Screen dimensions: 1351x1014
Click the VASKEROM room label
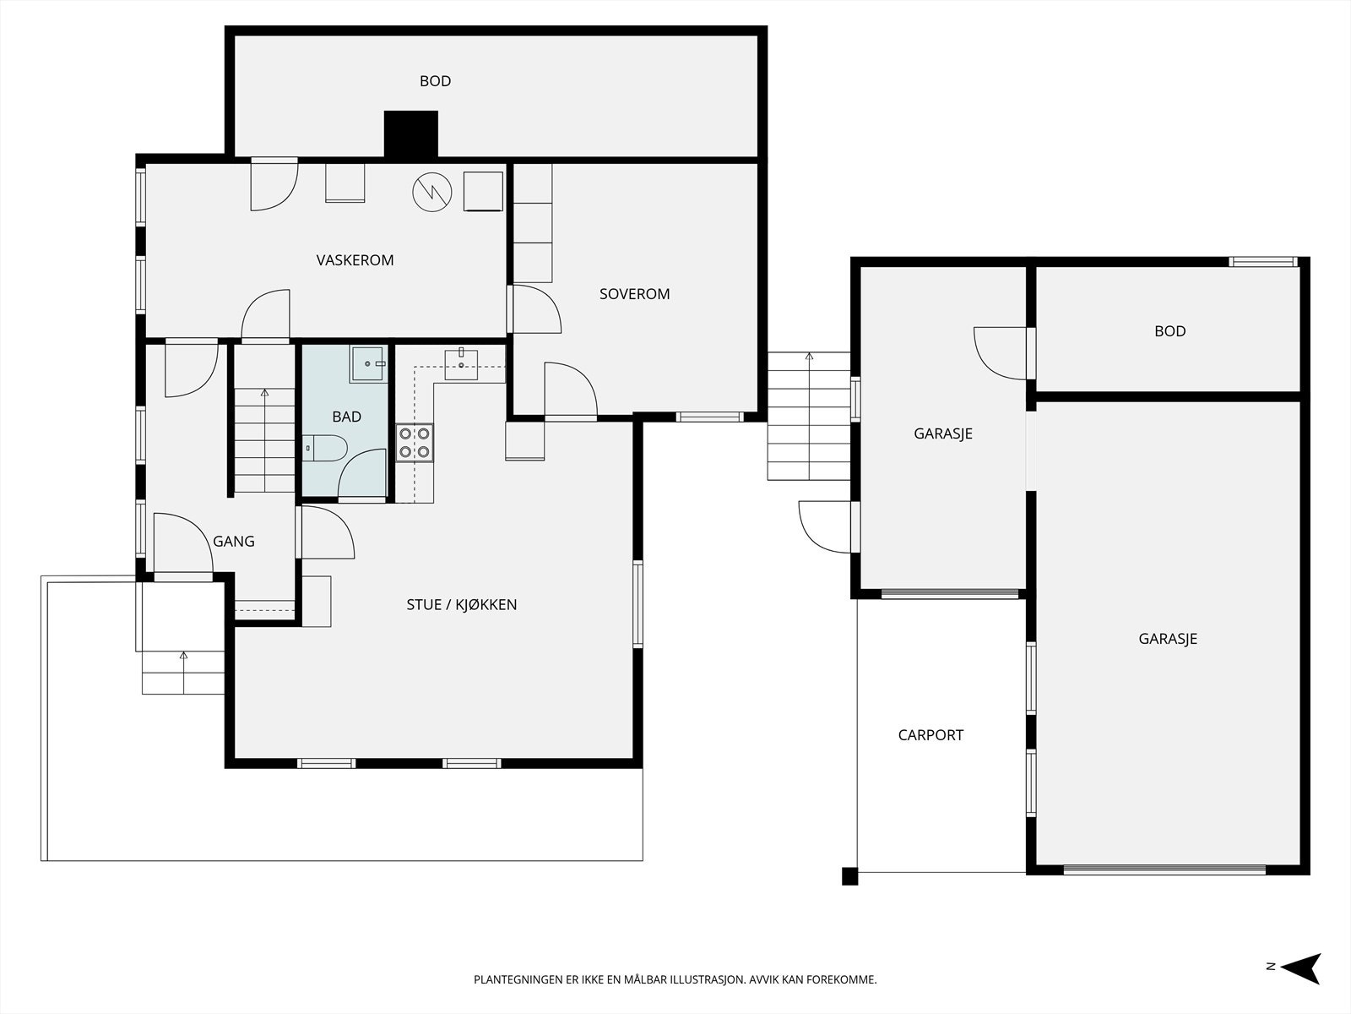click(x=355, y=260)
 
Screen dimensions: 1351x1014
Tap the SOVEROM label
click(x=635, y=294)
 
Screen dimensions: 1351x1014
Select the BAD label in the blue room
click(x=346, y=417)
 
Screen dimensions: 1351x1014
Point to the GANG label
click(x=234, y=541)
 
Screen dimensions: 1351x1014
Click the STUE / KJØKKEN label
click(x=462, y=604)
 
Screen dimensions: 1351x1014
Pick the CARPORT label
click(x=931, y=735)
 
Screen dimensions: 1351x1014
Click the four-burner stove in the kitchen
click(x=415, y=444)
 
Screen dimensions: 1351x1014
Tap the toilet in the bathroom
click(x=325, y=448)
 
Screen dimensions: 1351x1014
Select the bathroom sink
click(x=368, y=364)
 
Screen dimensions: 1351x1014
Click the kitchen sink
click(x=461, y=363)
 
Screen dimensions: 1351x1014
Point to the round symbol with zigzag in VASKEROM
click(x=432, y=192)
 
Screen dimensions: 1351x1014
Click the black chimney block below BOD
click(x=411, y=134)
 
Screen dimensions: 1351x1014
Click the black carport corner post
click(x=849, y=876)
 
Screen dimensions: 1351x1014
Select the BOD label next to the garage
click(x=1170, y=331)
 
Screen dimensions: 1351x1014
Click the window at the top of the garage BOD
click(x=1263, y=262)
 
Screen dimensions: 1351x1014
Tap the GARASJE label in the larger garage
click(x=1168, y=639)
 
